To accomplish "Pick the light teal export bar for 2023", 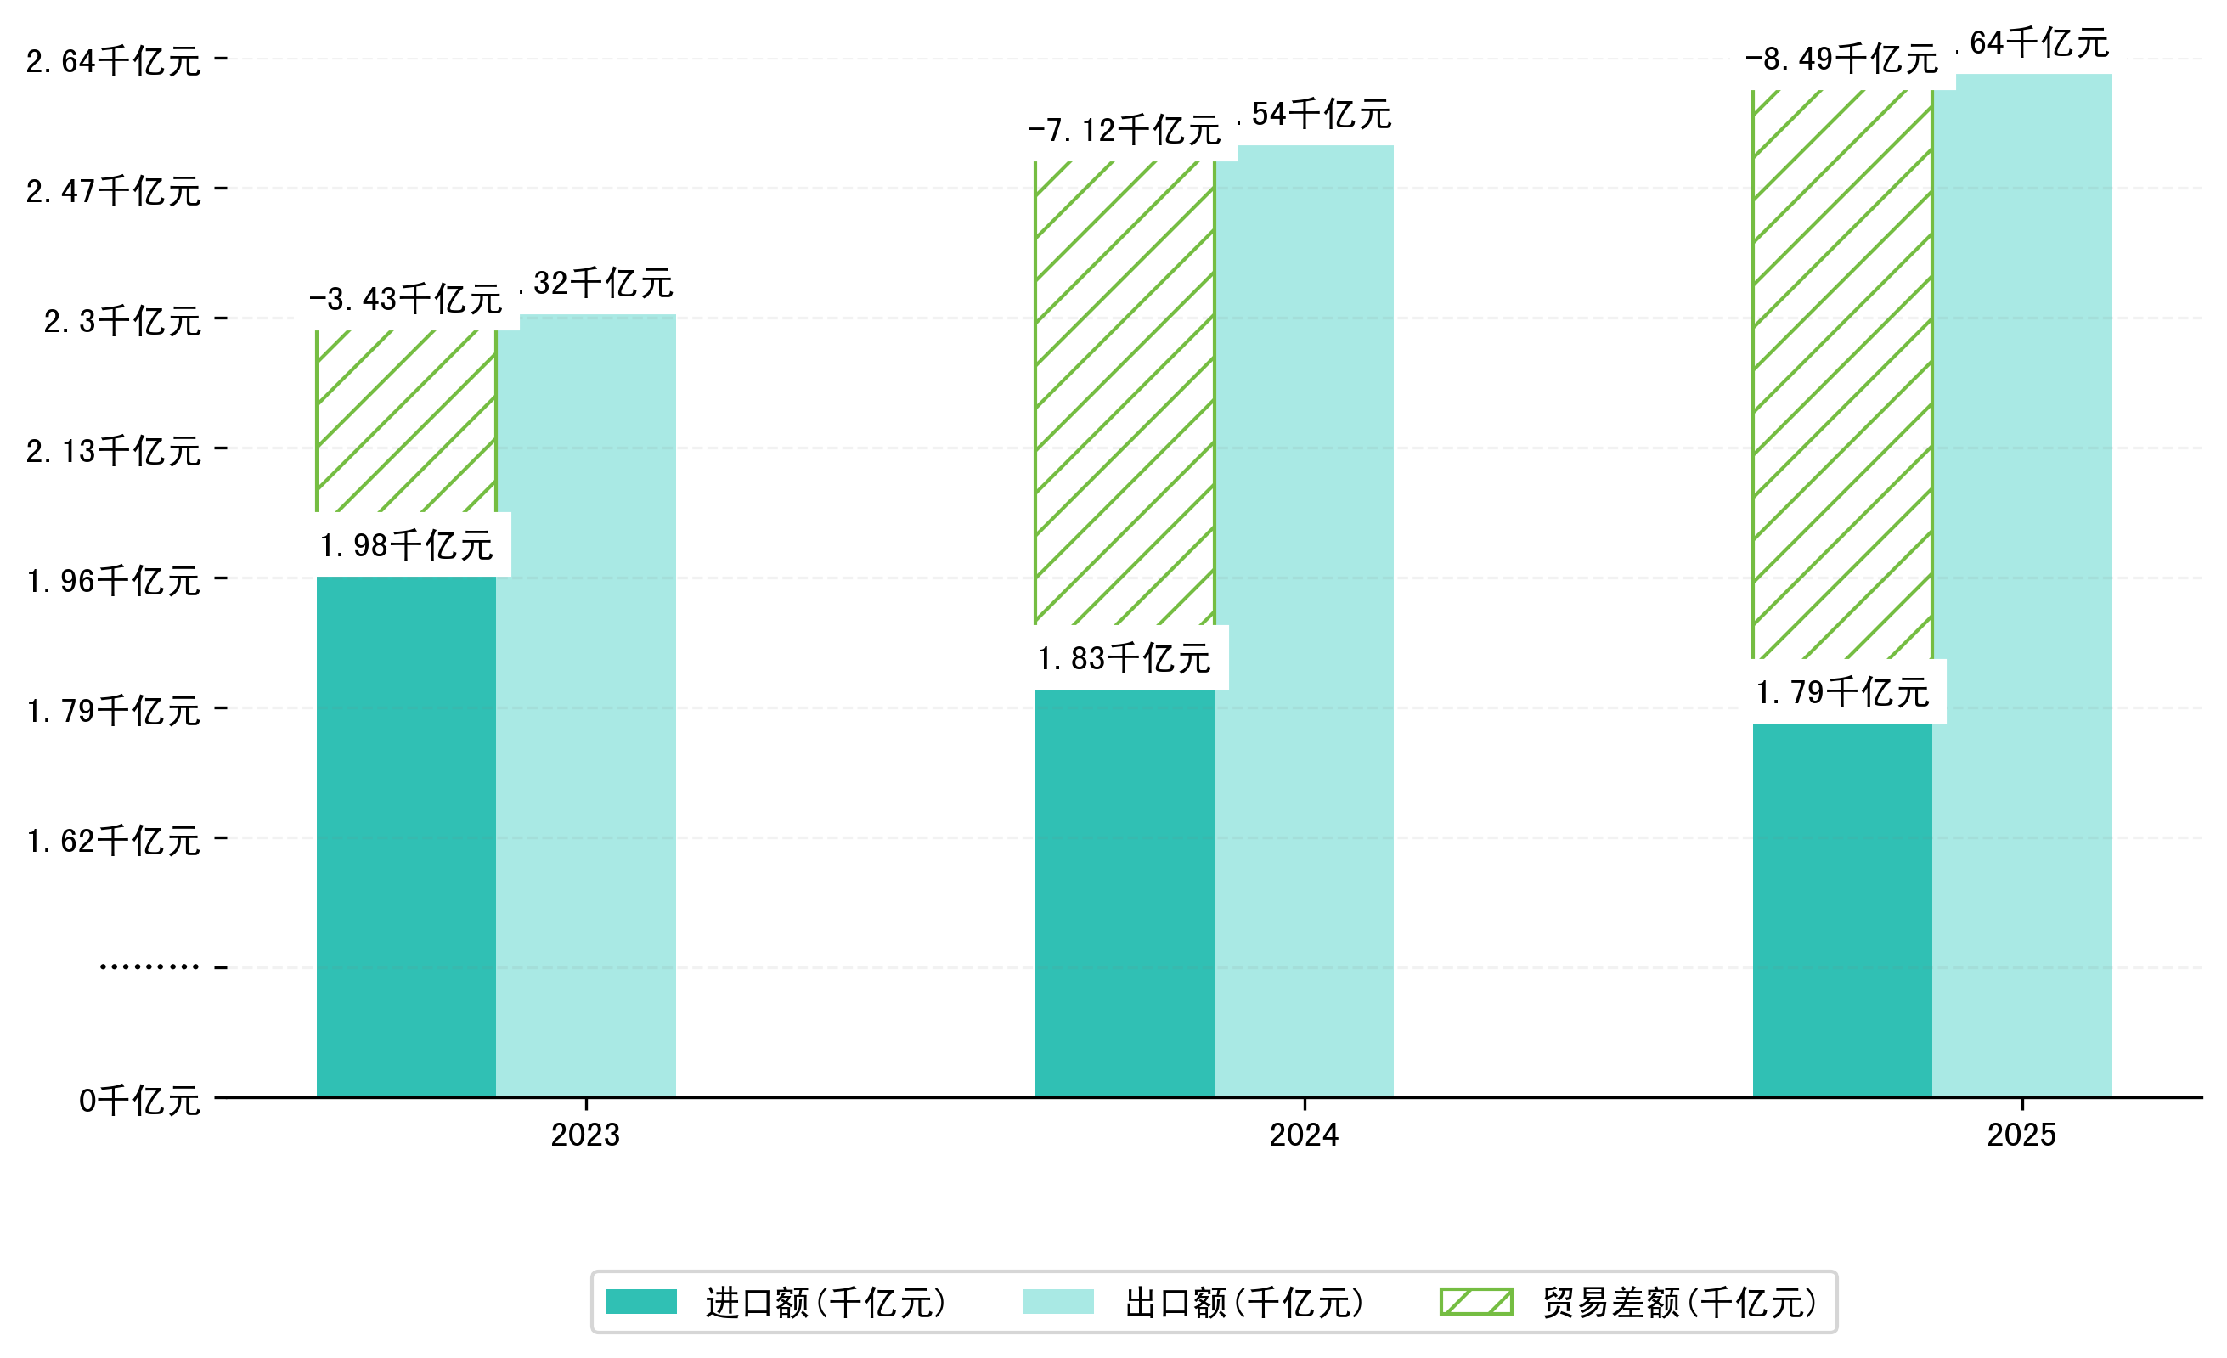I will tap(586, 705).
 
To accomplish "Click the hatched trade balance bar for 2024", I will tap(1124, 393).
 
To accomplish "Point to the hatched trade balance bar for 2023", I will tap(406, 421).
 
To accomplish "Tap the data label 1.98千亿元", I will tap(406, 545).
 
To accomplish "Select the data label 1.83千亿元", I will tap(1124, 657).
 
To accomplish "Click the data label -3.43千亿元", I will tap(406, 299).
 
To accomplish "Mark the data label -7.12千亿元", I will tap(1124, 130).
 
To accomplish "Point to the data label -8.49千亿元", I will tap(1842, 59).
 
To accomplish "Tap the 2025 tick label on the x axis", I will tap(2021, 1135).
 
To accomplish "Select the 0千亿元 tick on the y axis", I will tap(139, 1101).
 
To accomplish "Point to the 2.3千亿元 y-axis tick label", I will tap(122, 321).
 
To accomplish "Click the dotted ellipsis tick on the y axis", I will tap(149, 966).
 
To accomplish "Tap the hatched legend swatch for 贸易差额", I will tap(1476, 1302).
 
